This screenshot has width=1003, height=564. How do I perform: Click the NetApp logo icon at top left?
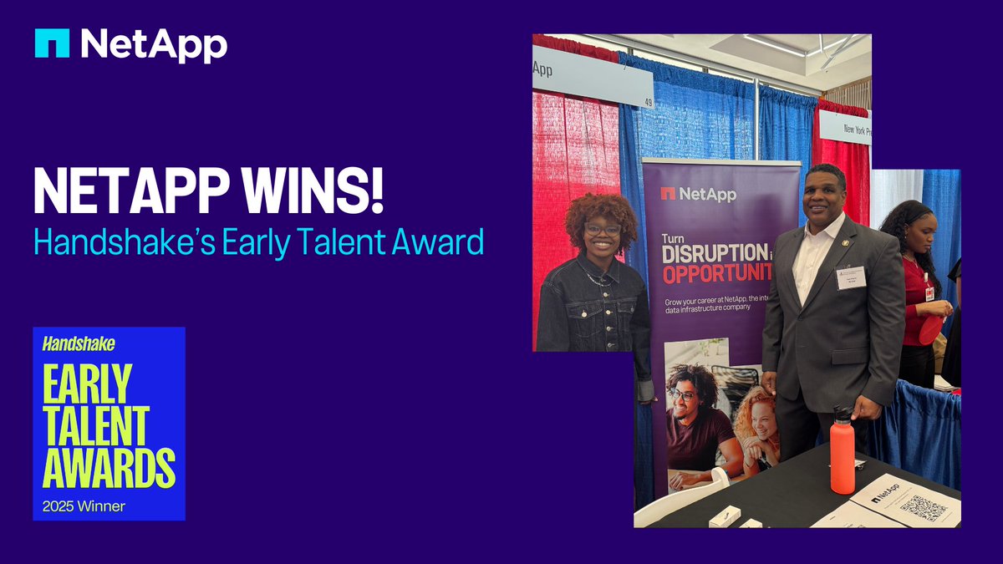click(x=52, y=43)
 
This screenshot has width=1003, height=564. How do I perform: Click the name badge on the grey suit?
click(x=850, y=277)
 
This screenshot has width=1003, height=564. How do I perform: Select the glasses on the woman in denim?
click(x=602, y=228)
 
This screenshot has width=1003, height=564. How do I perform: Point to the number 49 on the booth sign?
click(x=648, y=103)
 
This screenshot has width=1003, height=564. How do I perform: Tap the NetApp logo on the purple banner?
click(x=699, y=193)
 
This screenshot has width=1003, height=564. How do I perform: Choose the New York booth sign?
click(x=844, y=128)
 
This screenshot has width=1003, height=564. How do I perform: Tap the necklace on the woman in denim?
click(x=598, y=277)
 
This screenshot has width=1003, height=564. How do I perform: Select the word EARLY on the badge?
click(x=88, y=384)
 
